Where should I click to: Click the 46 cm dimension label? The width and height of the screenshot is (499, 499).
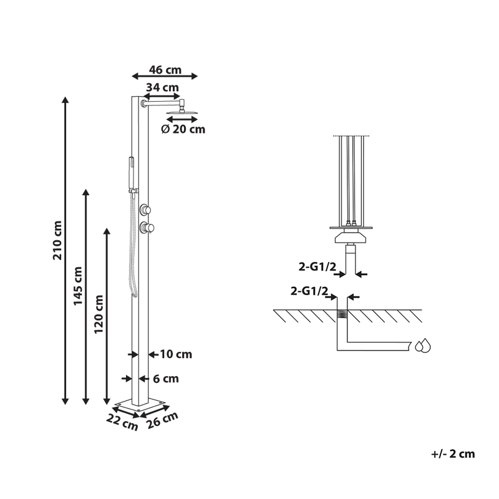[x=165, y=70]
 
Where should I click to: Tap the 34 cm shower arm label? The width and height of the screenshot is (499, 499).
[x=162, y=87]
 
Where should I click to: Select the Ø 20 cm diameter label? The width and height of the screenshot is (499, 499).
[x=183, y=129]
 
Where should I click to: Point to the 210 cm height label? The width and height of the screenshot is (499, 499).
[x=57, y=240]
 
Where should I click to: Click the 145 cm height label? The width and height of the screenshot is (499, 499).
[x=78, y=286]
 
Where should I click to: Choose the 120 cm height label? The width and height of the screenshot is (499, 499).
[x=99, y=314]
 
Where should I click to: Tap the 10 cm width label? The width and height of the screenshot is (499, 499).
[x=176, y=354]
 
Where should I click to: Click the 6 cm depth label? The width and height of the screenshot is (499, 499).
[x=166, y=379]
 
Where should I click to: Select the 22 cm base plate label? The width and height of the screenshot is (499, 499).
[x=122, y=423]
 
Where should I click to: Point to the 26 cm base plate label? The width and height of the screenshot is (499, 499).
[x=163, y=420]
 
